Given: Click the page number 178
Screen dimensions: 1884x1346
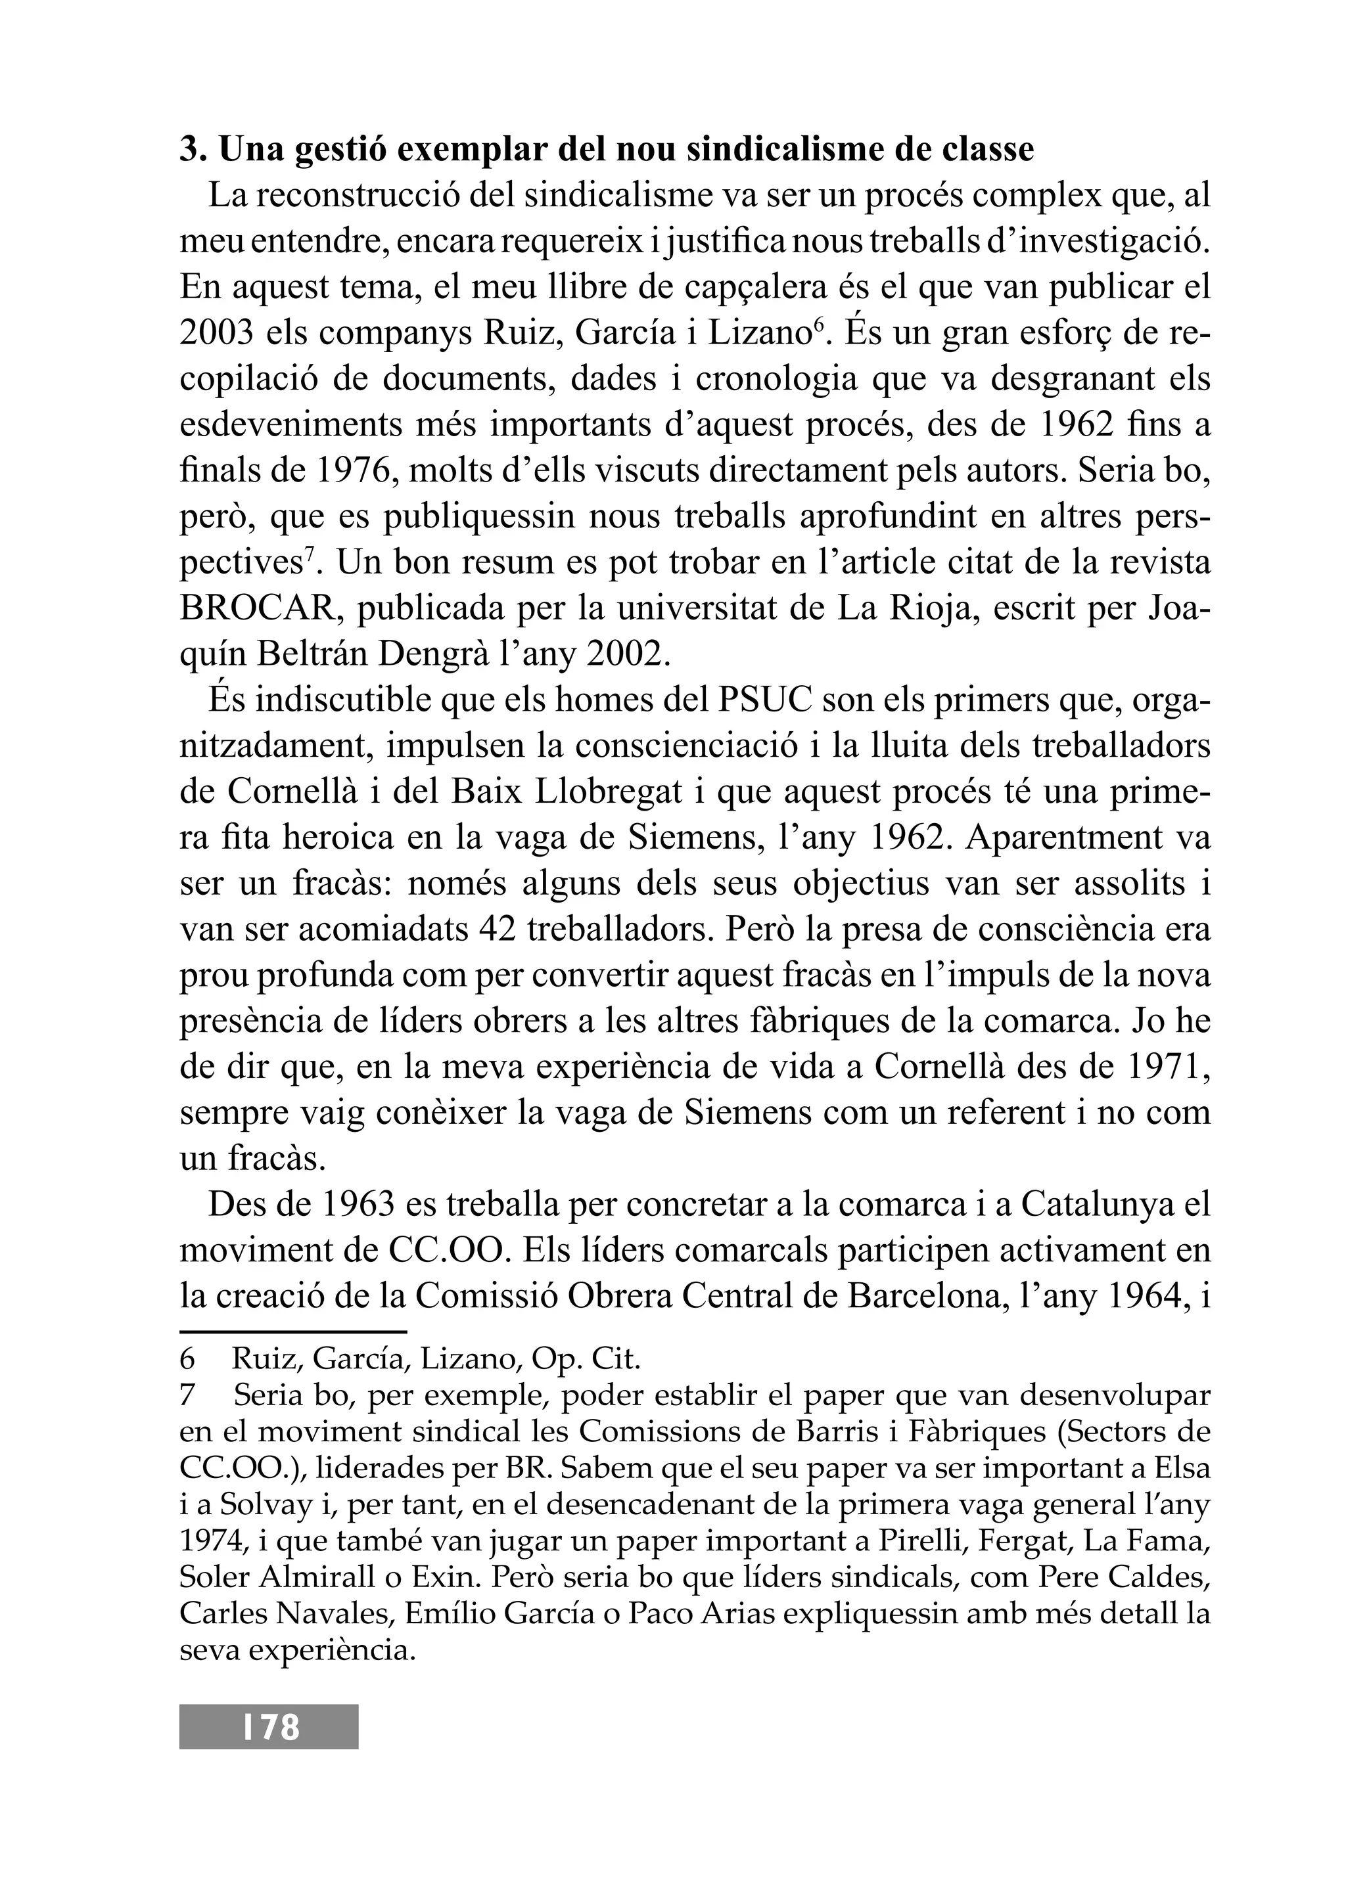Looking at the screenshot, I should point(269,1726).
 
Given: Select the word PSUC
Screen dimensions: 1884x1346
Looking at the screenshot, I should point(761,701).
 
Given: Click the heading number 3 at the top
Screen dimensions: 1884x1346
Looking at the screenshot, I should point(191,150).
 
